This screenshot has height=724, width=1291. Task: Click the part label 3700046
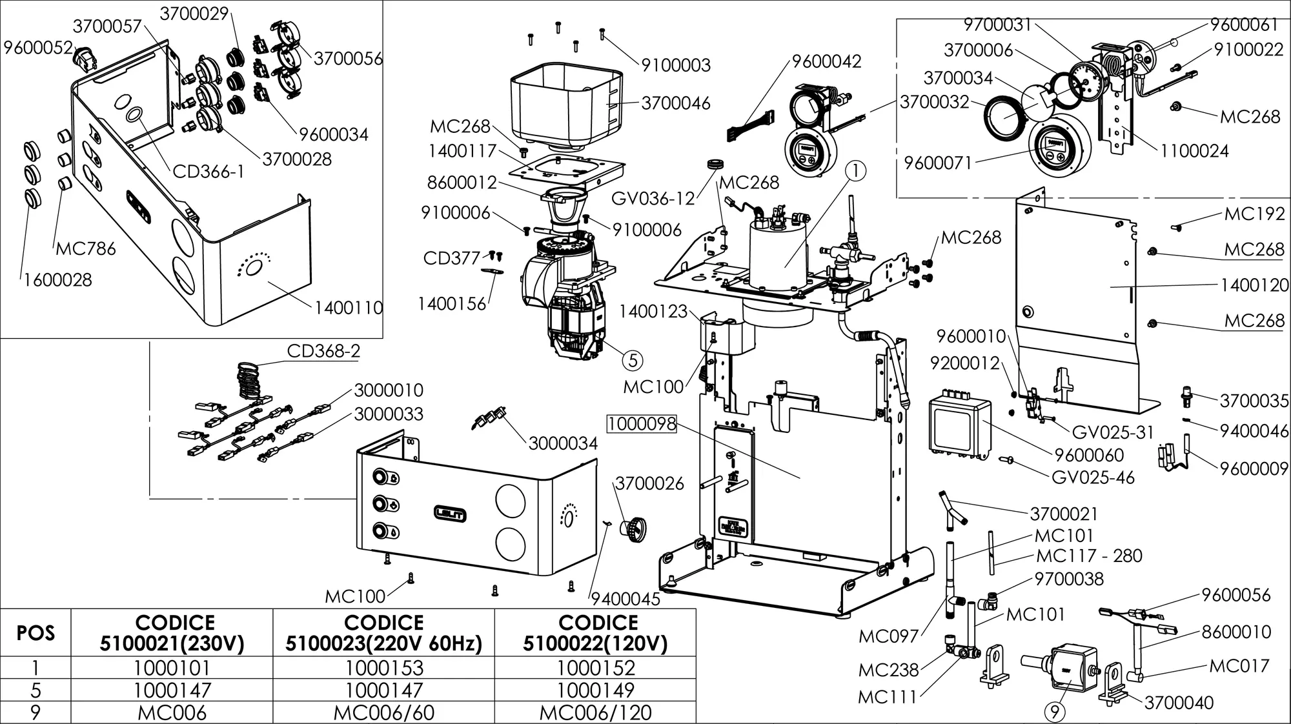tap(675, 103)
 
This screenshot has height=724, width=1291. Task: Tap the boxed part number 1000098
tap(641, 424)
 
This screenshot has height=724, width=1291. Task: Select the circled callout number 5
tap(633, 360)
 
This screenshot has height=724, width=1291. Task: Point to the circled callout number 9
tap(1055, 712)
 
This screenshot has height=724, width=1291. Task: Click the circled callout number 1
tap(855, 171)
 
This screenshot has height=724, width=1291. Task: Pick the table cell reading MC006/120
tap(595, 713)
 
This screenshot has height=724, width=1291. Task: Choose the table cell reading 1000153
tap(384, 668)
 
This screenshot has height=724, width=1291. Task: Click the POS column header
tap(36, 633)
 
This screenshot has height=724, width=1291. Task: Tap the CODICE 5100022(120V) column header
tap(595, 633)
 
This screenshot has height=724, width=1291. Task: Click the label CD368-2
tap(323, 352)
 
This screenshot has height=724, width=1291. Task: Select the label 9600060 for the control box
tap(1089, 456)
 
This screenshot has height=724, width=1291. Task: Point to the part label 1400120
tap(1254, 285)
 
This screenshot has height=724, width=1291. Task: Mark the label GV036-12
tap(653, 198)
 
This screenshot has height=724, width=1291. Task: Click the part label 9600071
tap(937, 163)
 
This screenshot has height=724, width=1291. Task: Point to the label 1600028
tap(58, 280)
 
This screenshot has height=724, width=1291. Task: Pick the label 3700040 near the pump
tap(1179, 703)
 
